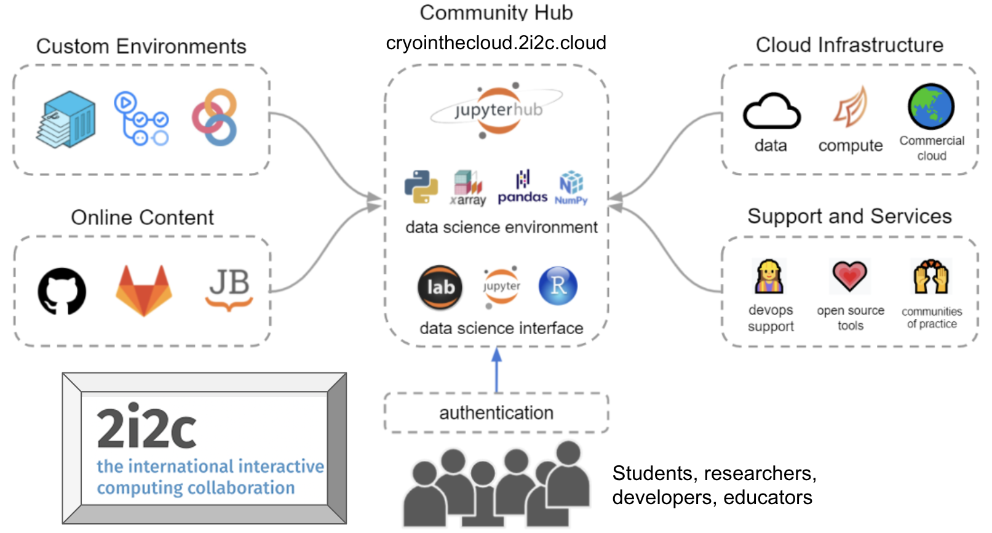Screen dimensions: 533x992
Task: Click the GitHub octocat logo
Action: point(62,291)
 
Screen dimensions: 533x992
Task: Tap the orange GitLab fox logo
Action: point(144,290)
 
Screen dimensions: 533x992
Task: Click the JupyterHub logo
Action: point(497,111)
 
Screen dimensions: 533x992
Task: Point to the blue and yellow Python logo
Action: point(421,186)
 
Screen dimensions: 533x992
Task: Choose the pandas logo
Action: point(522,188)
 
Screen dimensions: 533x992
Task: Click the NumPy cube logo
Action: point(571,186)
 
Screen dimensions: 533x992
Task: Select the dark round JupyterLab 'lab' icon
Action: point(440,287)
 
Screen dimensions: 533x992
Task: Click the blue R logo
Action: point(558,286)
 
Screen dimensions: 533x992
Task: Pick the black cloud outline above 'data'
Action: point(771,112)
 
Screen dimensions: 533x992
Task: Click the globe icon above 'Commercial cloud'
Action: point(931,106)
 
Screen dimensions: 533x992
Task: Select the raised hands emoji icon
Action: point(931,276)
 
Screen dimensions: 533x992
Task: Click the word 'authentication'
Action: point(496,412)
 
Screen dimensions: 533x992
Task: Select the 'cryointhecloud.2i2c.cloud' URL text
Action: point(496,43)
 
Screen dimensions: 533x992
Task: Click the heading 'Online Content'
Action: point(142,217)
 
